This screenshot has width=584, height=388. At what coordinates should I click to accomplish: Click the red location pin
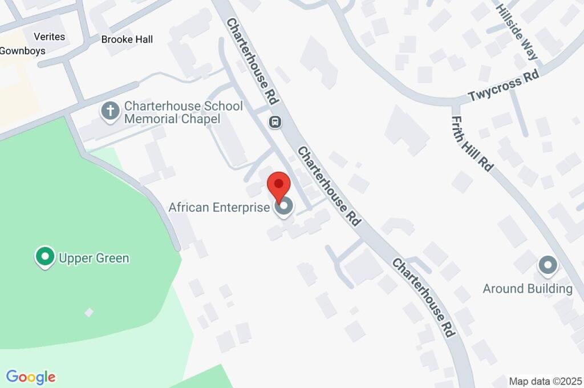[x=279, y=186]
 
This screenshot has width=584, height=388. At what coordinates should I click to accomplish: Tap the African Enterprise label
[x=218, y=207]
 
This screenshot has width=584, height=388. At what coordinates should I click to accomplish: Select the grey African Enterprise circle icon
[x=283, y=207]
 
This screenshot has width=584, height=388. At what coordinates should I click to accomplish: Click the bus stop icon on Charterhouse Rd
[x=275, y=122]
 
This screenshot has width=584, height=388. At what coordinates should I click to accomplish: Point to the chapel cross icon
[x=109, y=111]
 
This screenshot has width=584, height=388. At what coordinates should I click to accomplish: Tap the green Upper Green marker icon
[x=44, y=257]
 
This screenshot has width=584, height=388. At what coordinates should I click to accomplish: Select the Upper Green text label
[x=94, y=258]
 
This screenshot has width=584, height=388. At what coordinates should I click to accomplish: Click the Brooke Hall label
[x=127, y=39]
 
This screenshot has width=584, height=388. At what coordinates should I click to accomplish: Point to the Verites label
[x=49, y=37]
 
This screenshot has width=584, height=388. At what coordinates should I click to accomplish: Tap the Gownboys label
[x=22, y=50]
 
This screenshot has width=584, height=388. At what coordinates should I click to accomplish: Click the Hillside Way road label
[x=516, y=33]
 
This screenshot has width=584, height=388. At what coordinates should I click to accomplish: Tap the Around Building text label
[x=528, y=289]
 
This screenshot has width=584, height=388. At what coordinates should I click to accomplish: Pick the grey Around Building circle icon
[x=548, y=265]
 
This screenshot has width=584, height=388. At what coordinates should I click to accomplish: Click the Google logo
[x=31, y=377]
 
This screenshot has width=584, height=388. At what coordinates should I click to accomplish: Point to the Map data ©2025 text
[x=545, y=381]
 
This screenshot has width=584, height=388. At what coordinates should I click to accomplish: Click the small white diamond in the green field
[x=89, y=312]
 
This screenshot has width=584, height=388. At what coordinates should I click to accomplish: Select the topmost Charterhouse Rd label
[x=253, y=61]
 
